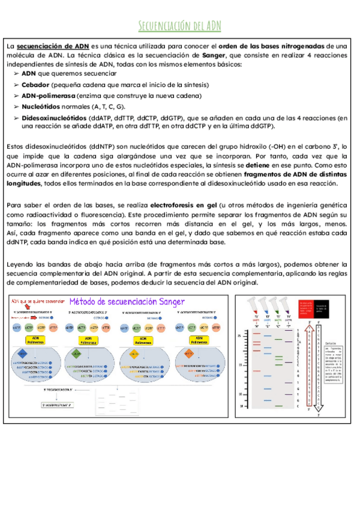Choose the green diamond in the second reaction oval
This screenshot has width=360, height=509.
(x=90, y=354)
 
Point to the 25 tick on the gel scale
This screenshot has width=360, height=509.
(x=239, y=336)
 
